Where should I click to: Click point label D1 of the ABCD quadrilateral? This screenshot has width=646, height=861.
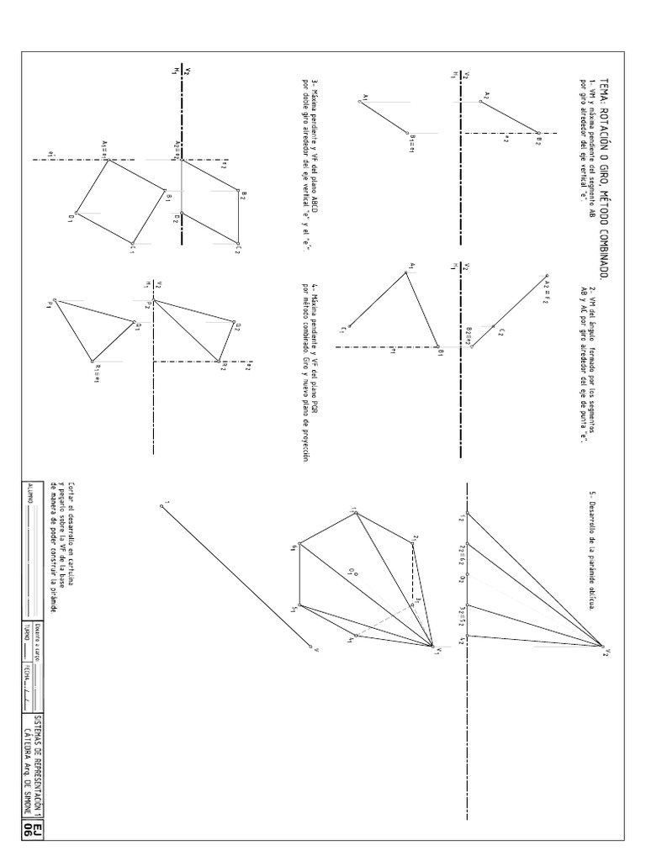71,217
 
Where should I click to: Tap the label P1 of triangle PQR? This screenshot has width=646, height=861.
50,304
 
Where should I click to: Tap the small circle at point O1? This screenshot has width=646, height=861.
357,575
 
